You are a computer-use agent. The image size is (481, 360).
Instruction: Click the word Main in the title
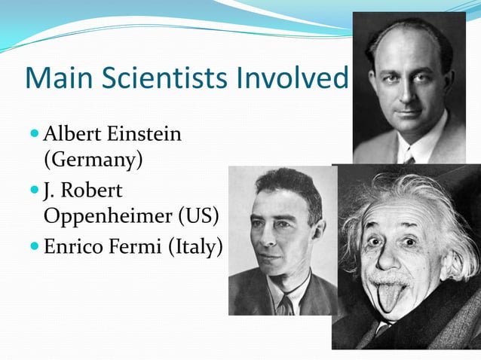tap(57, 78)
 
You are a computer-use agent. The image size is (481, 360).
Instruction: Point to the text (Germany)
tap(93, 160)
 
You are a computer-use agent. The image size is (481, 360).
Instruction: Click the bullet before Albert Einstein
tap(35, 135)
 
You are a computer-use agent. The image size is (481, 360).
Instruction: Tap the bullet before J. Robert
tap(35, 188)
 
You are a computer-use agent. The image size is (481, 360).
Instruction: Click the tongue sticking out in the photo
tap(391, 297)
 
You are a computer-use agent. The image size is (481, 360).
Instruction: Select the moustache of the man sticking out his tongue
tap(391, 278)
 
